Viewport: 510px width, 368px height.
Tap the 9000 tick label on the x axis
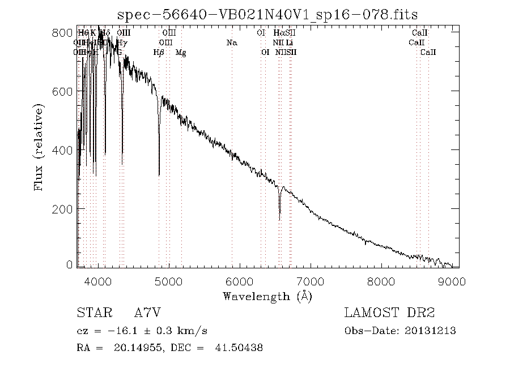452,280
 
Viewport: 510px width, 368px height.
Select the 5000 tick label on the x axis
169,280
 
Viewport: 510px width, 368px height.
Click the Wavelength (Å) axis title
267,296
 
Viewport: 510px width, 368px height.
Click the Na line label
231,42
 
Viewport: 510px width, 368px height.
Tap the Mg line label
181,53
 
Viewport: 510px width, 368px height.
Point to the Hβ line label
159,53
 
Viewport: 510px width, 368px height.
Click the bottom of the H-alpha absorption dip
279,220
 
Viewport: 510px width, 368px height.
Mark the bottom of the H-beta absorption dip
159,175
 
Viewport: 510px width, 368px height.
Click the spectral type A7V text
148,313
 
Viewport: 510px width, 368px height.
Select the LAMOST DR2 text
389,313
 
